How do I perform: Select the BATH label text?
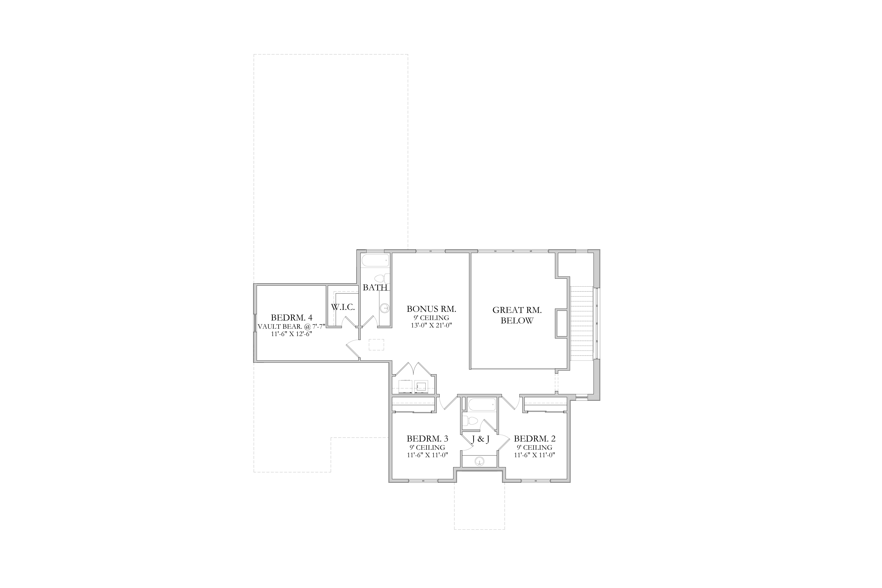[375, 288]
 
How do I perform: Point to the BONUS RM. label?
[431, 309]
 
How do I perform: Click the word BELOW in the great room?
[517, 321]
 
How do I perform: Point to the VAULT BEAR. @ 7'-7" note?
[291, 326]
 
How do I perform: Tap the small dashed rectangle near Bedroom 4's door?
[376, 345]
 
